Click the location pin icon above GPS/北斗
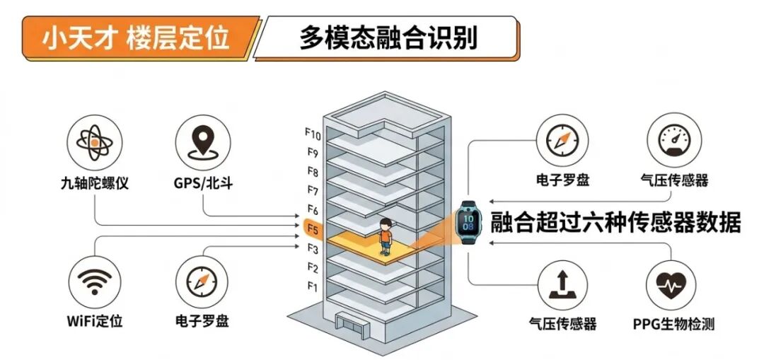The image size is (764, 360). coord(202,142)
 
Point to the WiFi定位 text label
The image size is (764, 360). coord(95,321)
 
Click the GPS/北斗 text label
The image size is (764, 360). coord(204,183)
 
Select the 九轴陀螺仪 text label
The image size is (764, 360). coord(95,183)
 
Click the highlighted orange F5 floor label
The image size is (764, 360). coord(313,230)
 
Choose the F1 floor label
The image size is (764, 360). coord(313,286)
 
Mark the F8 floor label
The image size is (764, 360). coord(313,171)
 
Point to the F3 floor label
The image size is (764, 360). coord(313,249)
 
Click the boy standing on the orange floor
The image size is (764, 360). coord(385,236)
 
